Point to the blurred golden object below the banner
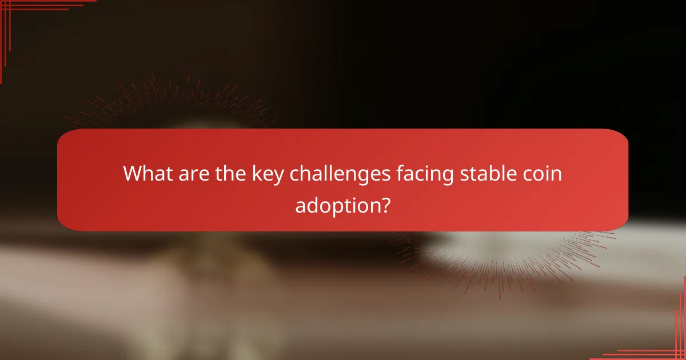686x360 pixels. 206,269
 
